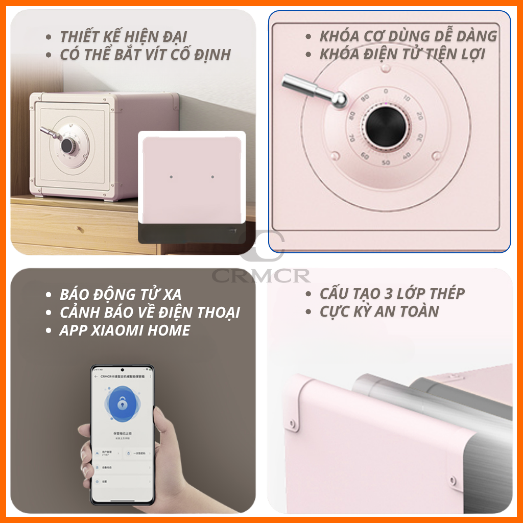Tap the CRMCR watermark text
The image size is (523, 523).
click(x=261, y=276)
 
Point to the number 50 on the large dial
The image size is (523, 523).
click(x=386, y=162)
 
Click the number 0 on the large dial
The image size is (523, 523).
click(x=386, y=91)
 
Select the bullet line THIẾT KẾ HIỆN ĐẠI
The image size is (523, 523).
click(x=123, y=37)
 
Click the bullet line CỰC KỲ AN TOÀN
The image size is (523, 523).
click(x=379, y=312)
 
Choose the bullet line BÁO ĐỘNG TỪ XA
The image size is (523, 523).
click(x=120, y=295)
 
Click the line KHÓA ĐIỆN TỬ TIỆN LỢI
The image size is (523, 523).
click(x=402, y=54)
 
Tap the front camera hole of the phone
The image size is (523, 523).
click(x=123, y=370)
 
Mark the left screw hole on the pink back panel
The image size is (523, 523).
click(x=171, y=177)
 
